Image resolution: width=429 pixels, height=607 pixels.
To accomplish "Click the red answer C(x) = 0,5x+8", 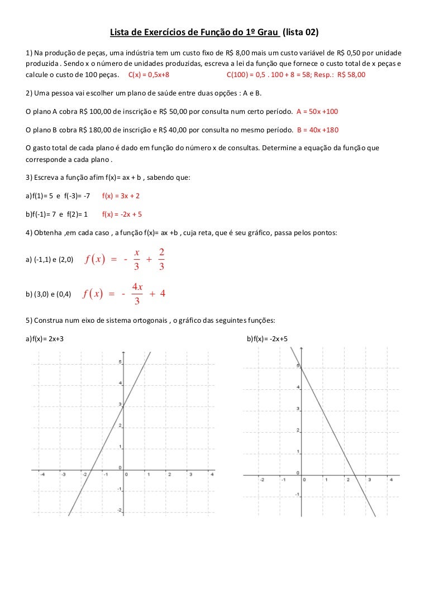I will pos(149,74).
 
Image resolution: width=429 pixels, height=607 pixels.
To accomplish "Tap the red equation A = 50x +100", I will pos(317,112).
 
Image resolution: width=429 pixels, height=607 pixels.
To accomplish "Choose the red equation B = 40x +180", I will pos(317,130).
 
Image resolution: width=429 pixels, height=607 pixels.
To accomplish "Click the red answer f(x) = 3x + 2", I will pos(121,196).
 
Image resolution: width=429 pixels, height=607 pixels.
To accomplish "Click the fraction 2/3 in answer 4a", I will pos(161,260).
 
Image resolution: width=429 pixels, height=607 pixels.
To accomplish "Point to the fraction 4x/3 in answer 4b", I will pos(137,294).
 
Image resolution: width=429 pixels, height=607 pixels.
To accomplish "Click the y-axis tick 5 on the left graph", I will pos(119,362).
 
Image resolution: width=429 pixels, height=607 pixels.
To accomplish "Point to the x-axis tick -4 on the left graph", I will pos(41,475).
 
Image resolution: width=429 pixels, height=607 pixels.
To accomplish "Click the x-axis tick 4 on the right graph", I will pos(390,479).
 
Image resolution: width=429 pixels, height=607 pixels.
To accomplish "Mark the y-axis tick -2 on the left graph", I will pos(118,510).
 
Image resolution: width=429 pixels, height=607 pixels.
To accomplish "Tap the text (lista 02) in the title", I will pos(301,32).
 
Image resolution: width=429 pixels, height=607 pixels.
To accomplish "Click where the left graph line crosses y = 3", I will pos(123,405).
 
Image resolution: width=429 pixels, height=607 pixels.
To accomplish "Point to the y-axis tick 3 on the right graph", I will pos(298,409).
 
